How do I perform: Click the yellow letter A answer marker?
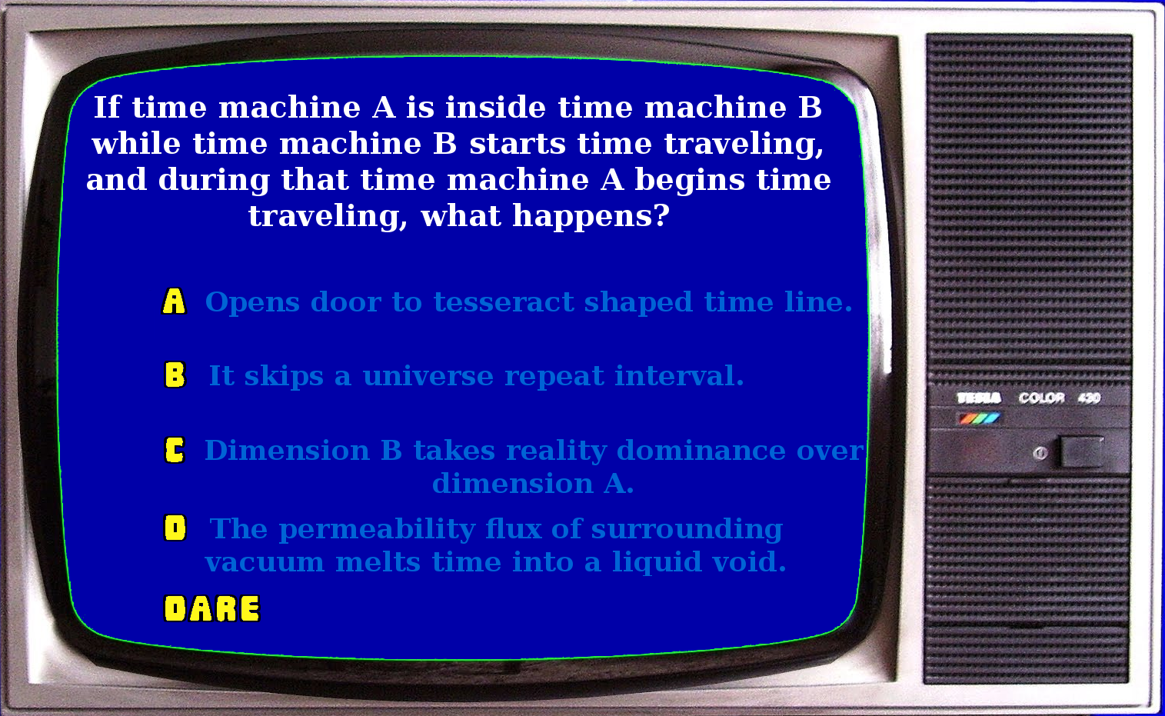point(174,301)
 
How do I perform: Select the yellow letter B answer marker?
point(175,375)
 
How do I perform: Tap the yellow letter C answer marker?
point(175,450)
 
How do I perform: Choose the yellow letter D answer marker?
point(175,528)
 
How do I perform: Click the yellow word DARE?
point(211,608)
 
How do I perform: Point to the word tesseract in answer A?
point(504,302)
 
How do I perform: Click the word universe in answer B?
point(428,376)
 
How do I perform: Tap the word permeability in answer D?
point(377,530)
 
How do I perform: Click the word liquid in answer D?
point(656,562)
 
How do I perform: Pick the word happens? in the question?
point(591,216)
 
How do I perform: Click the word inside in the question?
point(495,107)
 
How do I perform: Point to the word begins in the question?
point(690,181)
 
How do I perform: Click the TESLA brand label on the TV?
point(979,398)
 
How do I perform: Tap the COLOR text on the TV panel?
point(1041,398)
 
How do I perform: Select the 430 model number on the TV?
point(1089,398)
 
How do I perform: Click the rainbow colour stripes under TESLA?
point(980,418)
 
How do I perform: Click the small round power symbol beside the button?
point(1040,454)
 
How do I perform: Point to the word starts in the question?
point(518,144)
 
